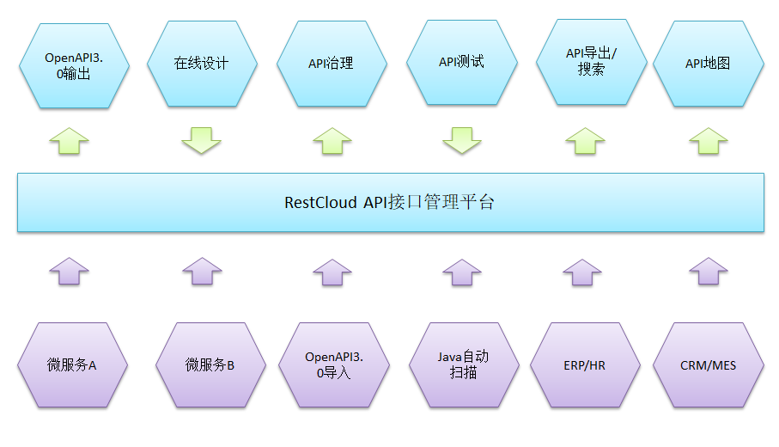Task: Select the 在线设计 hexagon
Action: tap(202, 64)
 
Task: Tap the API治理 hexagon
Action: tap(331, 64)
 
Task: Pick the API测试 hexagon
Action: tap(461, 62)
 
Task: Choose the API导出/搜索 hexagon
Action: tap(591, 61)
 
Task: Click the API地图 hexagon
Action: tap(708, 64)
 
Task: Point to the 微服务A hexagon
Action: tap(73, 365)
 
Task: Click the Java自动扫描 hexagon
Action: tap(463, 364)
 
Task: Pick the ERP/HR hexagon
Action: tap(584, 365)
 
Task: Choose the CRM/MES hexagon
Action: tap(708, 365)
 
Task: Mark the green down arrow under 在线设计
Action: tap(202, 140)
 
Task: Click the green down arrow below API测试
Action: tap(462, 140)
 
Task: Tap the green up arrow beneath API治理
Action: tap(332, 141)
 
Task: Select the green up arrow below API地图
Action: tap(709, 141)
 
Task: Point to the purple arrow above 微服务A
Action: tap(69, 271)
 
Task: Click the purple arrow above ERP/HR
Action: tap(585, 272)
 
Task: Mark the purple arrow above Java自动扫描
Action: tap(462, 272)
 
